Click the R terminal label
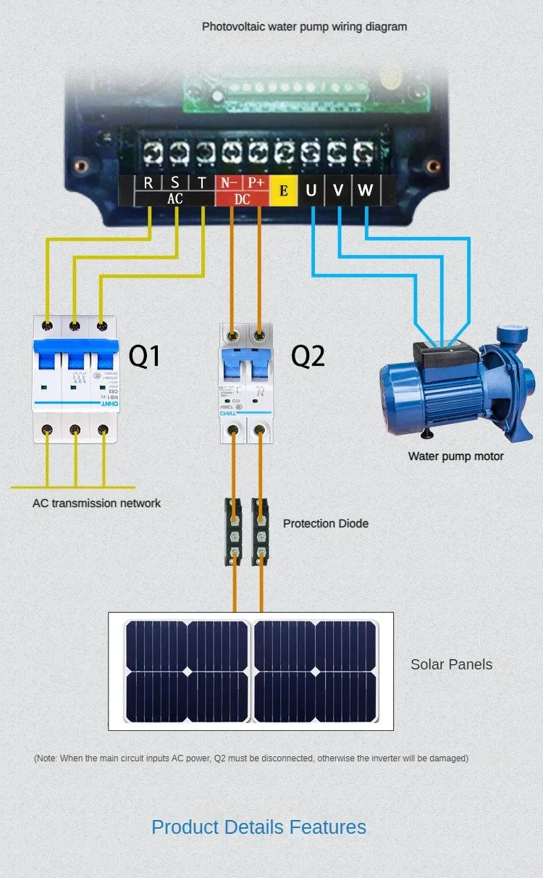click(148, 183)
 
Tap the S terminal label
click(175, 183)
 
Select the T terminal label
click(202, 183)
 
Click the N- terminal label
click(230, 183)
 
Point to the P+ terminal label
click(256, 183)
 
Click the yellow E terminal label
click(283, 191)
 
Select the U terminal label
click(311, 191)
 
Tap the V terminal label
click(338, 191)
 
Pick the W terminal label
click(366, 191)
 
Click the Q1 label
click(144, 356)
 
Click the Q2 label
click(308, 356)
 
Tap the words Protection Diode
click(325, 523)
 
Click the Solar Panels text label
click(451, 664)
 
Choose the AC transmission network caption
click(96, 503)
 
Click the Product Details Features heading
click(258, 827)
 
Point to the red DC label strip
click(242, 199)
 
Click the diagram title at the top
click(304, 27)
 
